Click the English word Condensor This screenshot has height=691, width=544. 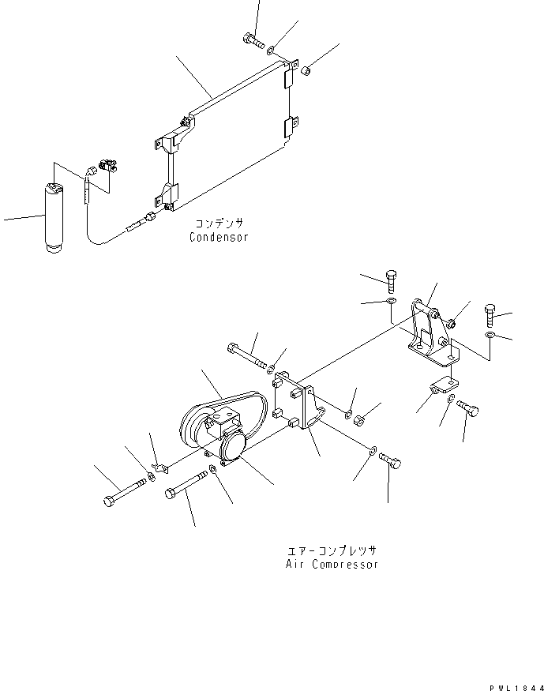point(219,237)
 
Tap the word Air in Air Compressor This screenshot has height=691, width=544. point(295,564)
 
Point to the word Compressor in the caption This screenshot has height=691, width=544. point(344,564)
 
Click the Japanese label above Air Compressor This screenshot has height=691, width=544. point(331,550)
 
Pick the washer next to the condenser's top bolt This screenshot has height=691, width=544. point(271,51)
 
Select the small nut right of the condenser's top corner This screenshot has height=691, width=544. point(307,71)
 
